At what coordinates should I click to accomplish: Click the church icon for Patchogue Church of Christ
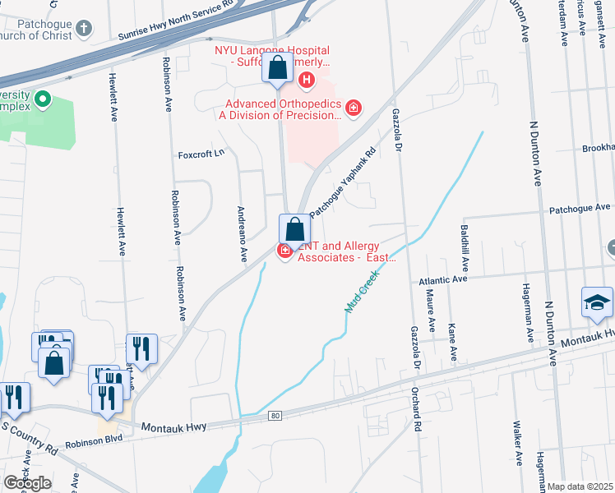83,30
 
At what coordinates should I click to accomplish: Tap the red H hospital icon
306,80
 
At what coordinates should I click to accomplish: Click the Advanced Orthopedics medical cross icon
354,108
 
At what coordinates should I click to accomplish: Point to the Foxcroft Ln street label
201,154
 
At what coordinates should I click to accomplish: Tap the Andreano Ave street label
243,233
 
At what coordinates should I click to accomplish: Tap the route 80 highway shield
275,417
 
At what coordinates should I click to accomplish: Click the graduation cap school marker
597,302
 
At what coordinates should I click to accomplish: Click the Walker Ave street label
517,443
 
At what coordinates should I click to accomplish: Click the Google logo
26,482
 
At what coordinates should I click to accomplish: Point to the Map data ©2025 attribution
580,486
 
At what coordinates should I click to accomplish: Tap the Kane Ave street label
452,341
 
